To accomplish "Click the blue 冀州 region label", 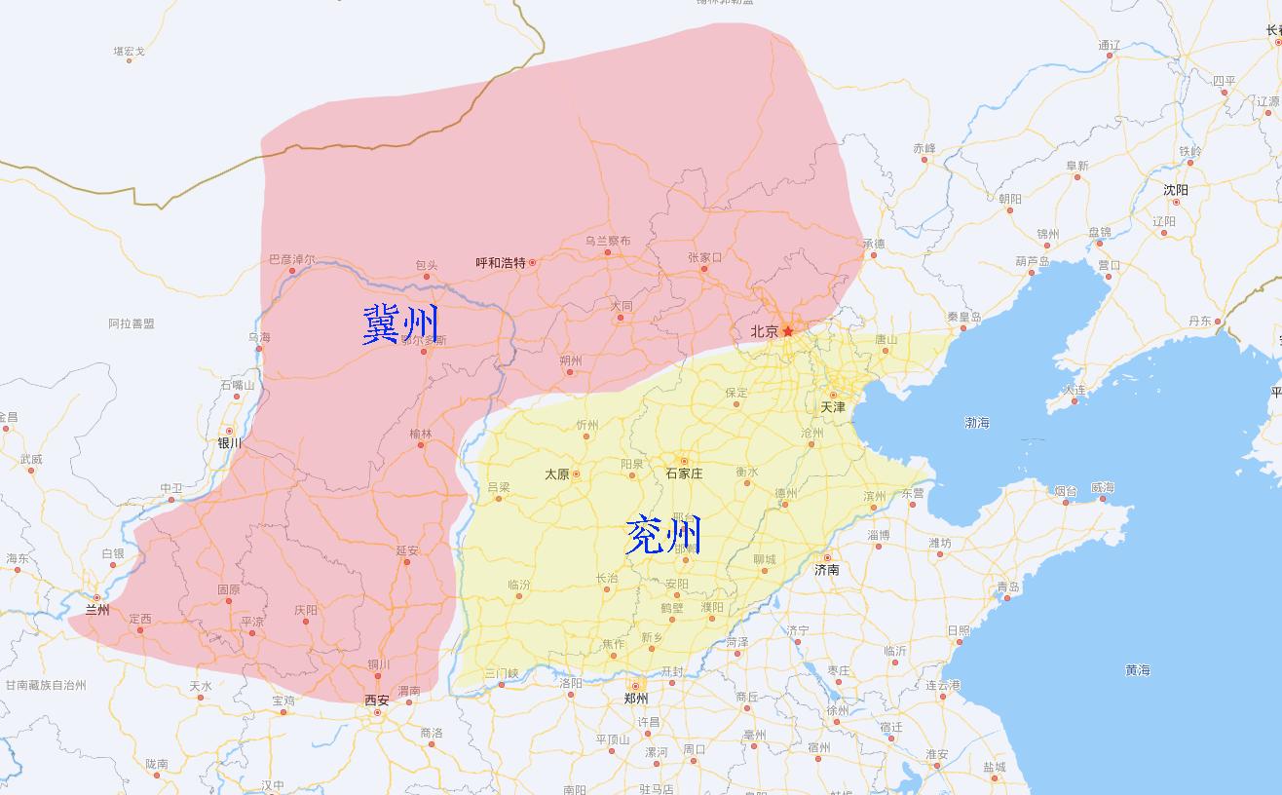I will click(x=400, y=324).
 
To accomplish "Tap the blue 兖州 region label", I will click(x=662, y=535).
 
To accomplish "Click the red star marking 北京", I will click(x=788, y=331).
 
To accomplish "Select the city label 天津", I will click(x=833, y=406).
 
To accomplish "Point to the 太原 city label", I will click(x=557, y=474).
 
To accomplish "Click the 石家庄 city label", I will click(x=684, y=473).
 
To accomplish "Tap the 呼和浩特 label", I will click(x=501, y=263).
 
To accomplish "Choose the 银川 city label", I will click(x=230, y=442).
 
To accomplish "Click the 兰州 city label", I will click(x=96, y=610).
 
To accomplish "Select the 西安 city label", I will click(x=376, y=700).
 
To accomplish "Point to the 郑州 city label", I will click(x=636, y=699).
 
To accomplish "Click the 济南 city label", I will click(x=827, y=570).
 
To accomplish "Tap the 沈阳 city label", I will click(x=1176, y=190).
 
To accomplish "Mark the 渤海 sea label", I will click(x=977, y=423).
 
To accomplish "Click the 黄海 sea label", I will click(x=1138, y=670).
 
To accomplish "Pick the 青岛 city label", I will click(x=1007, y=587).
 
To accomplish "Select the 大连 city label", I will click(x=1074, y=390).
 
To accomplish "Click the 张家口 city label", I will click(x=704, y=257).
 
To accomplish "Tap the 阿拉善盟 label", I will click(x=132, y=323).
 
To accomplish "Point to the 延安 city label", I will click(x=407, y=550).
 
